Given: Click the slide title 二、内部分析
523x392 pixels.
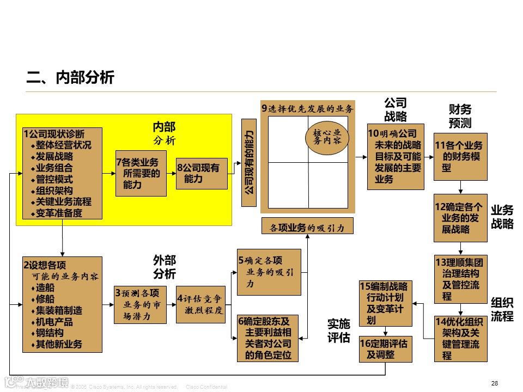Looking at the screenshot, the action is (70, 78).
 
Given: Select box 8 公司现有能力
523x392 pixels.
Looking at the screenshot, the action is (202, 173).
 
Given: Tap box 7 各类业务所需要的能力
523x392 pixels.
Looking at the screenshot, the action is (141, 173).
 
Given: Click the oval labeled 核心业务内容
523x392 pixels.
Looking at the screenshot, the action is (327, 136).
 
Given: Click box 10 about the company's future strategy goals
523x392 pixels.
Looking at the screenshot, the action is (396, 156).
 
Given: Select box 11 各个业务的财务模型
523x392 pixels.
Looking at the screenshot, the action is (460, 156).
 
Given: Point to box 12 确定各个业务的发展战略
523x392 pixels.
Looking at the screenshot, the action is (460, 218).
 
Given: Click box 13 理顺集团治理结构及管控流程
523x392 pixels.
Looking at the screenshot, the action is (460, 278).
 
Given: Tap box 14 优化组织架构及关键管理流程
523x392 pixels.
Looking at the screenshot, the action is (460, 339).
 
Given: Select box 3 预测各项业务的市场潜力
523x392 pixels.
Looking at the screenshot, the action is (141, 304).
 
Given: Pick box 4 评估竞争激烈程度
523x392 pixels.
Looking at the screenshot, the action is (200, 304).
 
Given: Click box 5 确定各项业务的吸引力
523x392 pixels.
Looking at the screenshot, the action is (269, 272).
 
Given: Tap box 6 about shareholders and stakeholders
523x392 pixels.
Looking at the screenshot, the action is (269, 338).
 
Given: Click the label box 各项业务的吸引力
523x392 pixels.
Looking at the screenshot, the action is (307, 226).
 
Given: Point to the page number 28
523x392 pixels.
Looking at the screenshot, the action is (494, 383).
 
